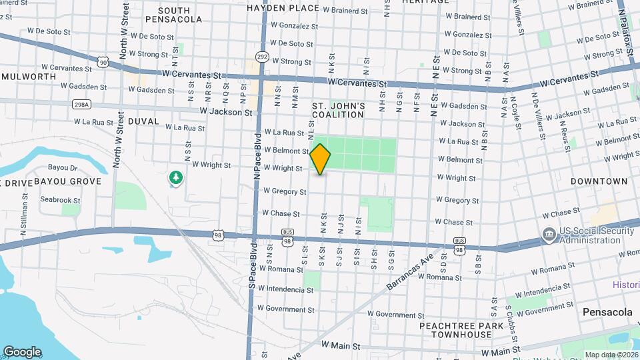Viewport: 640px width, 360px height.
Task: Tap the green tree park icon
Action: coord(176,177)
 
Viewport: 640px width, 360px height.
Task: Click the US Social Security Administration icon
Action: coord(549,235)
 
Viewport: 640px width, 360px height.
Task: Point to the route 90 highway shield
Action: coord(103,62)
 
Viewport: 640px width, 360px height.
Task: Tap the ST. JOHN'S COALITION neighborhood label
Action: coord(338,110)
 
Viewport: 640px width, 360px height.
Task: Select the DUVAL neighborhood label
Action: coord(143,121)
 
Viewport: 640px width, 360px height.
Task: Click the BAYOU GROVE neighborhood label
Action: coord(67,181)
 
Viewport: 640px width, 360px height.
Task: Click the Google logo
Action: coord(22,352)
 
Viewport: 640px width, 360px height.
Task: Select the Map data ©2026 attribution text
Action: coord(611,355)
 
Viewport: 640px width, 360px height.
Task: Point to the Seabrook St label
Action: coord(60,200)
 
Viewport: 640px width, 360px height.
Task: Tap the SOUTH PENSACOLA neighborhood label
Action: coord(174,15)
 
